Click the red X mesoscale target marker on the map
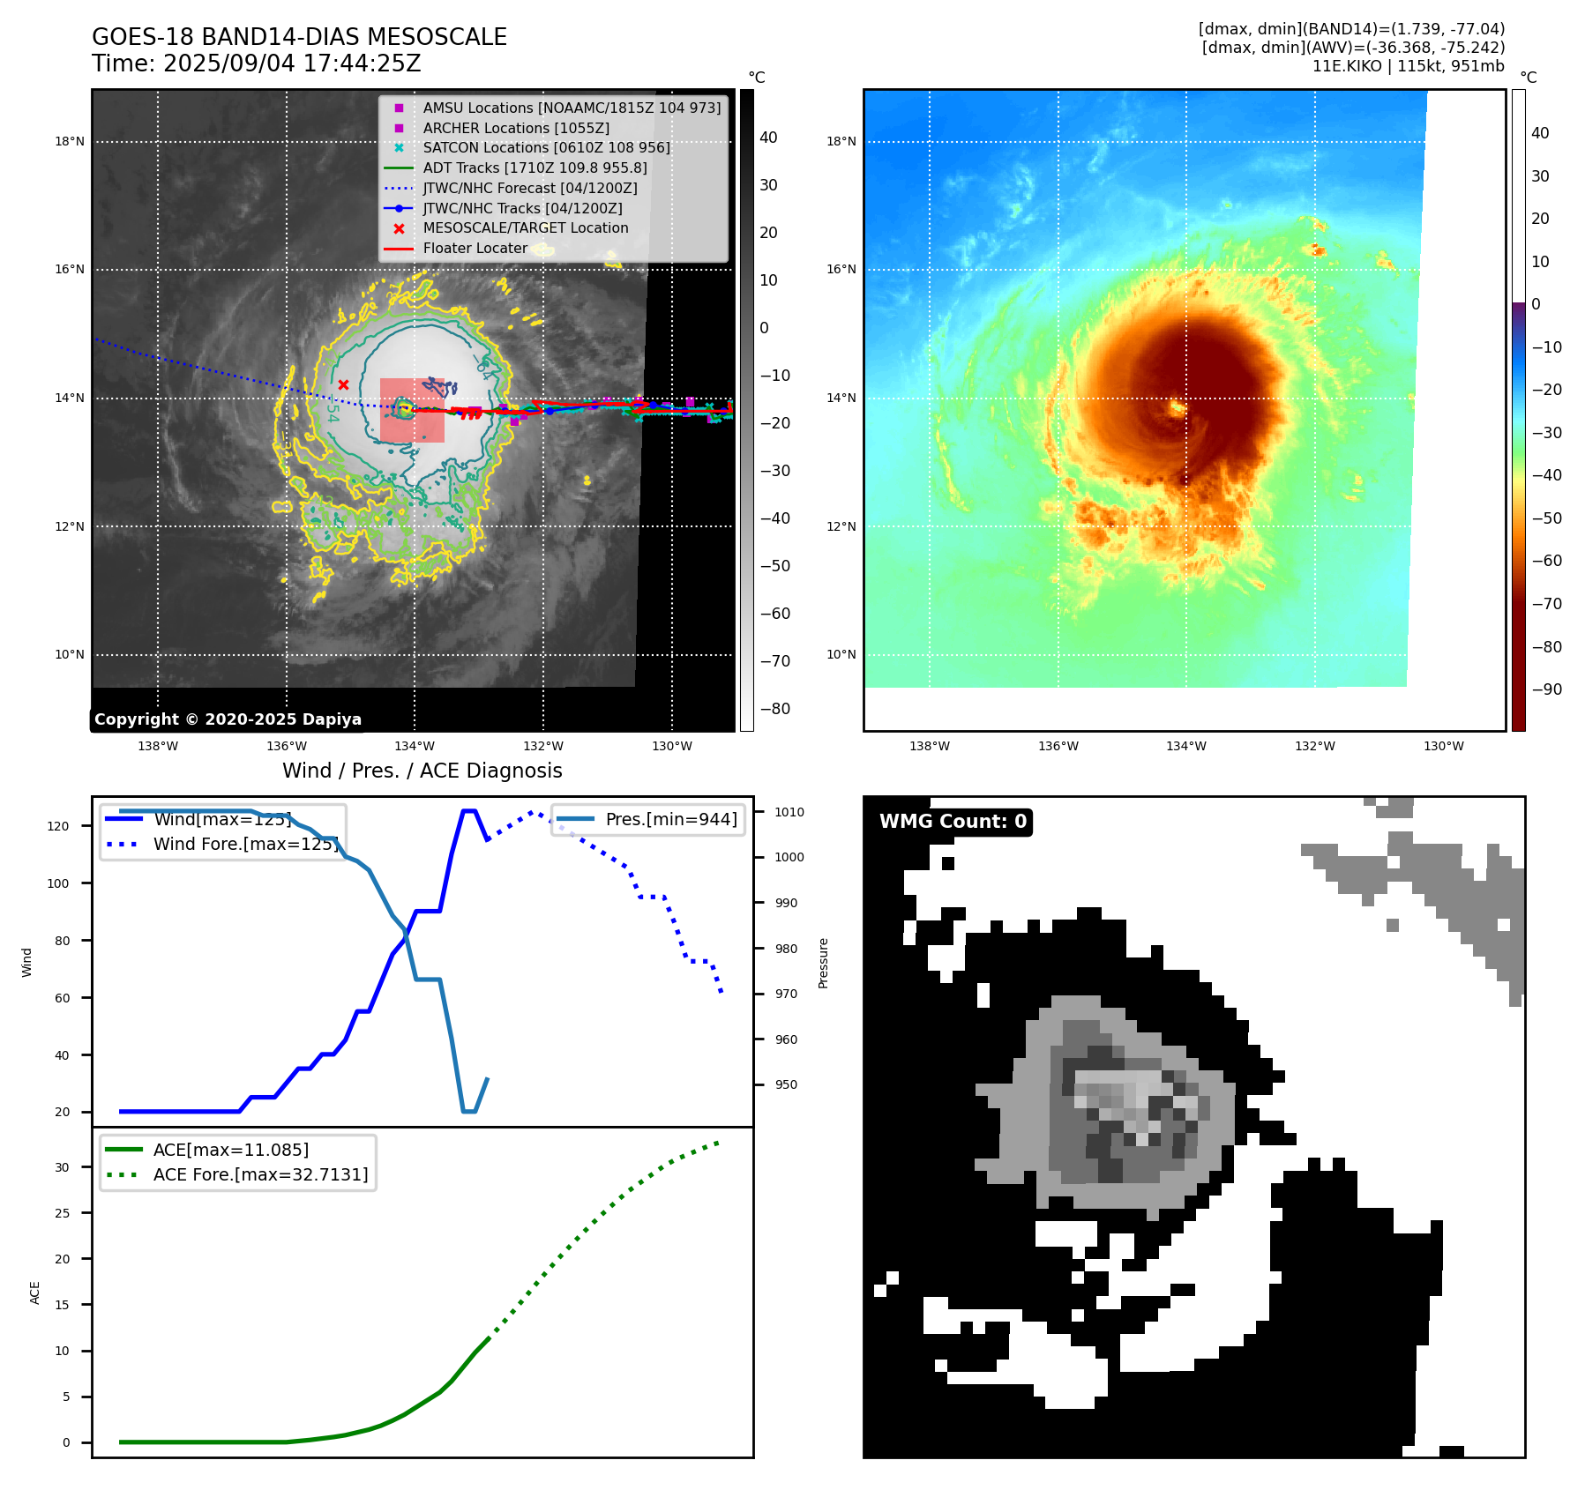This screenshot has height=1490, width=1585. pos(343,384)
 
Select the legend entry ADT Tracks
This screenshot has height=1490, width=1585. pos(535,168)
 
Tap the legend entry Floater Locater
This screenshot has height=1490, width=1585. pos(475,248)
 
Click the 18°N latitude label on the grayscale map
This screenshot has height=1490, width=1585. pos(70,141)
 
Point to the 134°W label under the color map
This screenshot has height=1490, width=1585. pos(1185,746)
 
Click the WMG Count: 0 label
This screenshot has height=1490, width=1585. pos(953,822)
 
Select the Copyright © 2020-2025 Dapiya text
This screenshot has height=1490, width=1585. pos(228,719)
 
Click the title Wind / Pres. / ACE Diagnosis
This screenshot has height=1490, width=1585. pos(422,771)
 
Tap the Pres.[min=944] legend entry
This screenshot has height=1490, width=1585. pos(671,819)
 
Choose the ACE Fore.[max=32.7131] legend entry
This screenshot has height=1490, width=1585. pos(260,1174)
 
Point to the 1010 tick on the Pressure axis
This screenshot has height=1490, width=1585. pos(789,812)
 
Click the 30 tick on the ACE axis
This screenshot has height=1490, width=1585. pos(62,1167)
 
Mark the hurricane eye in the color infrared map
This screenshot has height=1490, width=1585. pos(1177,407)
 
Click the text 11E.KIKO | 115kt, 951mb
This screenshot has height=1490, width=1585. pos(1408,66)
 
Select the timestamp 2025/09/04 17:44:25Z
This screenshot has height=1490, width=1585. pos(292,63)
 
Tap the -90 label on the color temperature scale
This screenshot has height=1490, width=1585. pos(1546,689)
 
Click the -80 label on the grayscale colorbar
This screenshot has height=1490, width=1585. pos(775,709)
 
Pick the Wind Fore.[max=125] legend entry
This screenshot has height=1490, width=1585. pos(245,844)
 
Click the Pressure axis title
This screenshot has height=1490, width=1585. pos(823,963)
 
